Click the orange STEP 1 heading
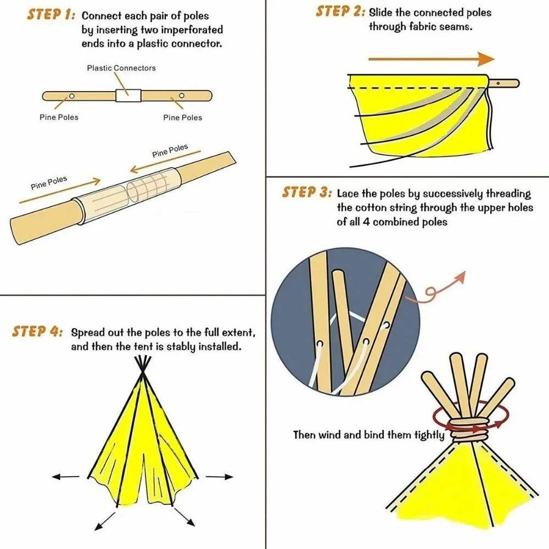(51, 15)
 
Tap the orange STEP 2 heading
(339, 12)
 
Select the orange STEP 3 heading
(306, 193)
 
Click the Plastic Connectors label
(121, 68)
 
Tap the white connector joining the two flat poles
(128, 96)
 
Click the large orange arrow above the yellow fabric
(431, 59)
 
